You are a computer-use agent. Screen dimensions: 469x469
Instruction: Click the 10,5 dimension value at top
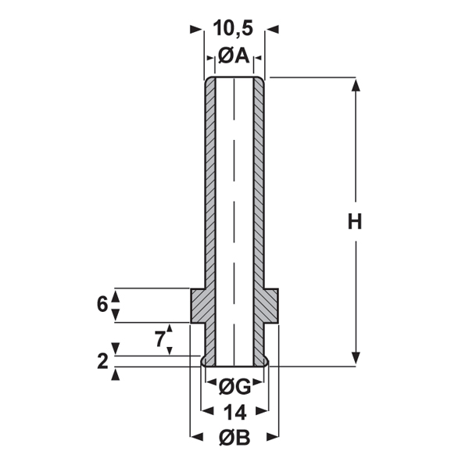(233, 29)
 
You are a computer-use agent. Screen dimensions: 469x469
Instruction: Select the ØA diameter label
(234, 55)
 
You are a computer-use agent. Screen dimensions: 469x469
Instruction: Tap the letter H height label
(355, 222)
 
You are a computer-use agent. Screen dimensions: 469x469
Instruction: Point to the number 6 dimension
(102, 305)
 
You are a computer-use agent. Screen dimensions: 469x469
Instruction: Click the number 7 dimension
(160, 339)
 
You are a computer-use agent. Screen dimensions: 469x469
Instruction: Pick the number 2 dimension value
(102, 361)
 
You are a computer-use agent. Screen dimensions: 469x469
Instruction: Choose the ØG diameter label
(234, 387)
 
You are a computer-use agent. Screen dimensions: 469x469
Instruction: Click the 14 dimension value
(234, 413)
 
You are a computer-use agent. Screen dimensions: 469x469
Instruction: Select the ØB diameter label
(234, 438)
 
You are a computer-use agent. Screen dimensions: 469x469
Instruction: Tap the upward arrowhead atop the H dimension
(356, 85)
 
